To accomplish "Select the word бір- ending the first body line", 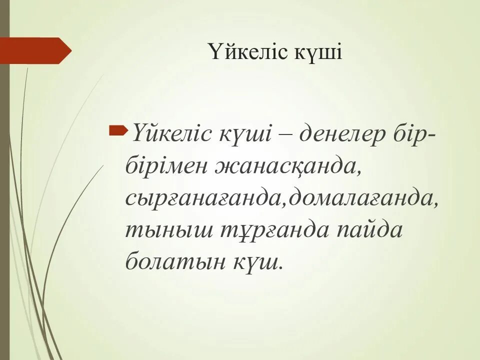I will pyautogui.click(x=412, y=134).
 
